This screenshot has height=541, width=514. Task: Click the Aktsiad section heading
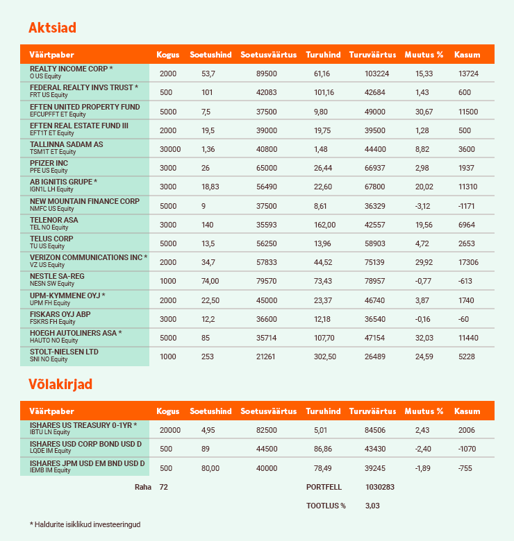click(52, 28)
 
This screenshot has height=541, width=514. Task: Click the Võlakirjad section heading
click(60, 384)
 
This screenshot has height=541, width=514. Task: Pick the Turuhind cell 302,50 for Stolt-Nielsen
click(320, 357)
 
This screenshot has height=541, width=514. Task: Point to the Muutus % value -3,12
click(424, 206)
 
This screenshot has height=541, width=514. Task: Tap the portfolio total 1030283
click(380, 487)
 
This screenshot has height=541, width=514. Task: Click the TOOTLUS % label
click(326, 506)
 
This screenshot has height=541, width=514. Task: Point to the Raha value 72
click(164, 487)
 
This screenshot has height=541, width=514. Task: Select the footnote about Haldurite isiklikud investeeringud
click(85, 524)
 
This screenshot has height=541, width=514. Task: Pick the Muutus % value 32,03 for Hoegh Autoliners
click(424, 338)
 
